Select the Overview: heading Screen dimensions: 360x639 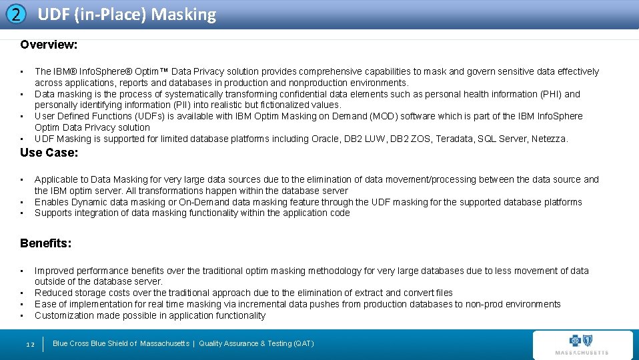[x=49, y=45]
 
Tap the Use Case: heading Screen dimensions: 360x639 [x=49, y=153]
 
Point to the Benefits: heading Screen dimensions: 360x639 [x=45, y=243]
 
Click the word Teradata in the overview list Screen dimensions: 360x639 [x=455, y=139]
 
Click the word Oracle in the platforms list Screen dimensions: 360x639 [x=326, y=139]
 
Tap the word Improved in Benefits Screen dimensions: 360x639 [x=54, y=271]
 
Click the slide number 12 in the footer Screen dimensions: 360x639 [x=30, y=344]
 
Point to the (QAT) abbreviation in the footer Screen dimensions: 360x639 [x=301, y=343]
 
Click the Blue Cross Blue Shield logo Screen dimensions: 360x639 [x=582, y=344]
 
